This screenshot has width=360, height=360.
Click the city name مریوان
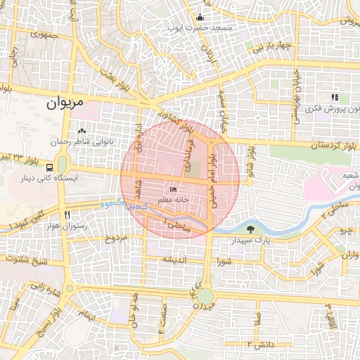[65, 103]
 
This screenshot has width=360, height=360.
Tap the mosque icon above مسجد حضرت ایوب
[200, 18]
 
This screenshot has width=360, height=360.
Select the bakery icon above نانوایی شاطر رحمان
[82, 131]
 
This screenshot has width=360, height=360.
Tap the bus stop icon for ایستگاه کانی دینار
[49, 169]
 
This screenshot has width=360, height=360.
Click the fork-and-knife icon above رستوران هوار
[67, 214]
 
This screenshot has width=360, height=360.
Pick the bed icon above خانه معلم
[174, 189]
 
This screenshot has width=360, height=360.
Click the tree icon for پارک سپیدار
[252, 229]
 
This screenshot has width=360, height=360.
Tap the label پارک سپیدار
[252, 240]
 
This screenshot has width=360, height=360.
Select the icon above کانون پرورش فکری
[335, 98]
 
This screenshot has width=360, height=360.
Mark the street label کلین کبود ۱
[26, 219]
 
